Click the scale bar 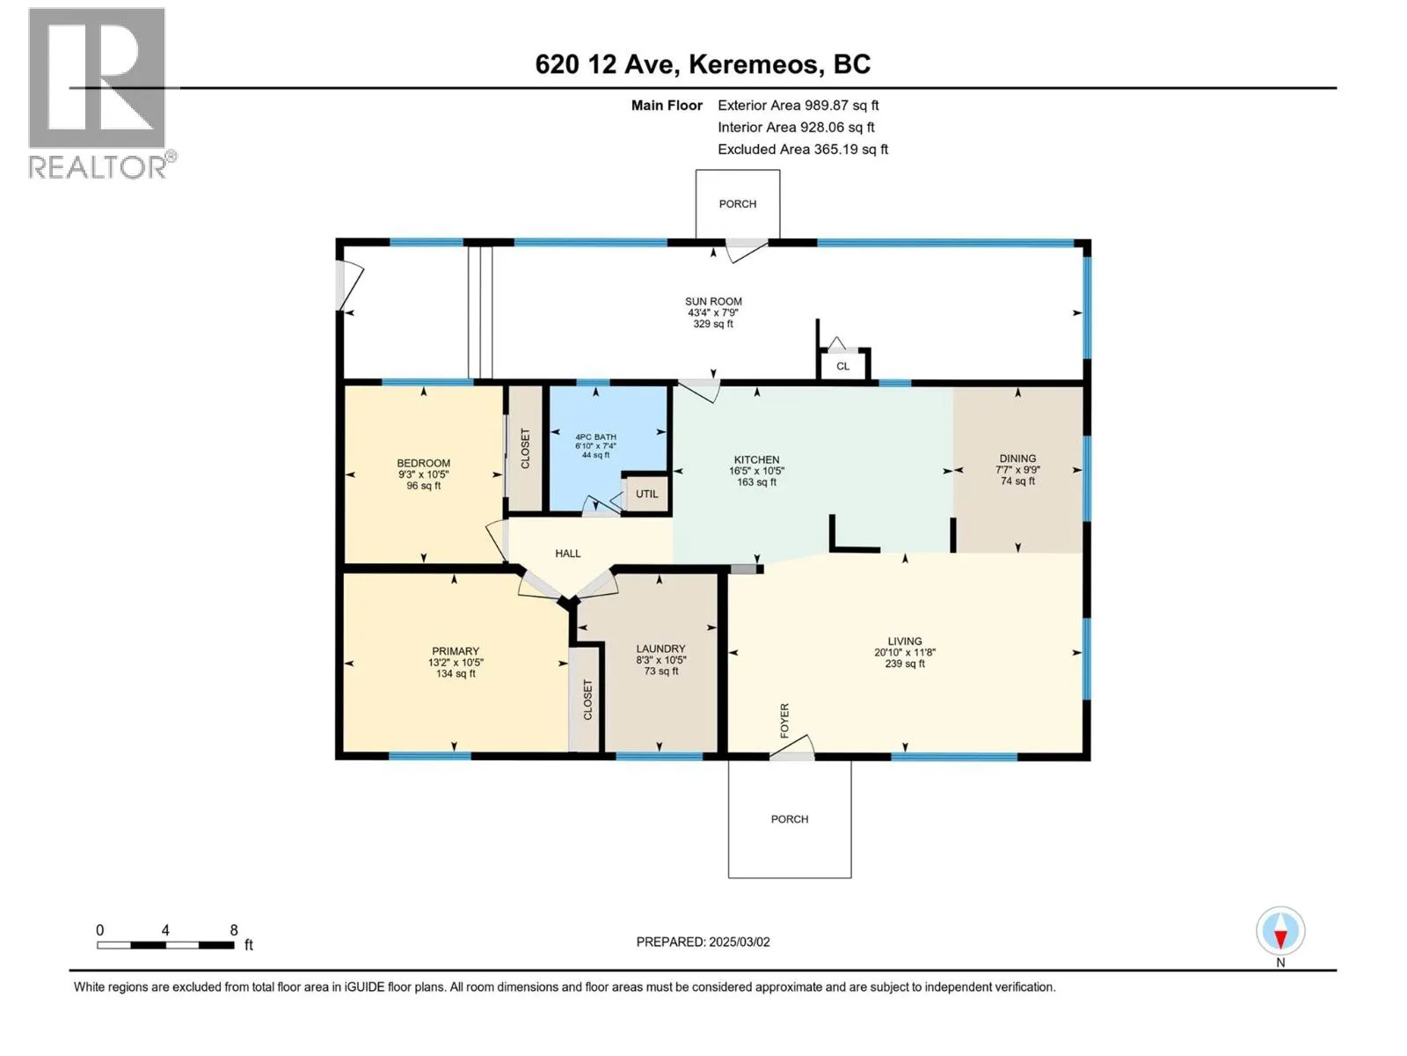click(165, 944)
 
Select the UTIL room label click(646, 494)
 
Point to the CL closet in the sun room click(843, 366)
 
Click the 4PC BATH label click(595, 436)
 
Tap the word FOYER click(784, 720)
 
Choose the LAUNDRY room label click(661, 649)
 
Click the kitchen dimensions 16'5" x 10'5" click(756, 471)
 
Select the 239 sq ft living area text click(905, 664)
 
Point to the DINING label click(1017, 458)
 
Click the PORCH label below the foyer click(789, 818)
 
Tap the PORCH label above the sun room click(737, 204)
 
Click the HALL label click(568, 554)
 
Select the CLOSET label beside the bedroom click(525, 448)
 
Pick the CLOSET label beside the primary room click(587, 700)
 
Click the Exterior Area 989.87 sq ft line click(798, 105)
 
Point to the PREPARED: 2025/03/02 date click(703, 942)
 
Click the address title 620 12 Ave click(607, 64)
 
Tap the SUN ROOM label click(713, 301)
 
